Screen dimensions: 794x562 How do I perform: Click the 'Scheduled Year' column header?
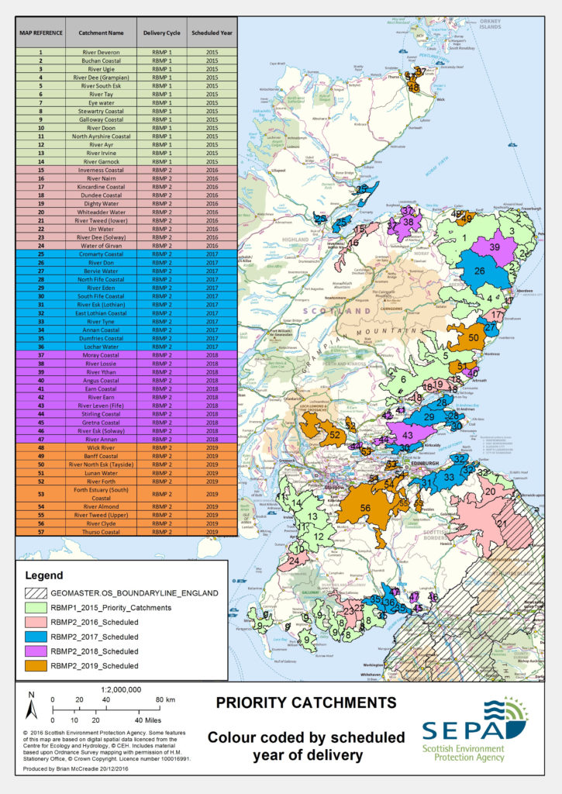point(212,35)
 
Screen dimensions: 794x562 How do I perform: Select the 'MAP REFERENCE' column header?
point(41,35)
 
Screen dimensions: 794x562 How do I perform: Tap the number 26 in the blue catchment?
point(480,271)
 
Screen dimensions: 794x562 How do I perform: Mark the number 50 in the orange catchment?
point(475,338)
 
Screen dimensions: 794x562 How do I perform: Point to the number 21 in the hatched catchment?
point(502,523)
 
